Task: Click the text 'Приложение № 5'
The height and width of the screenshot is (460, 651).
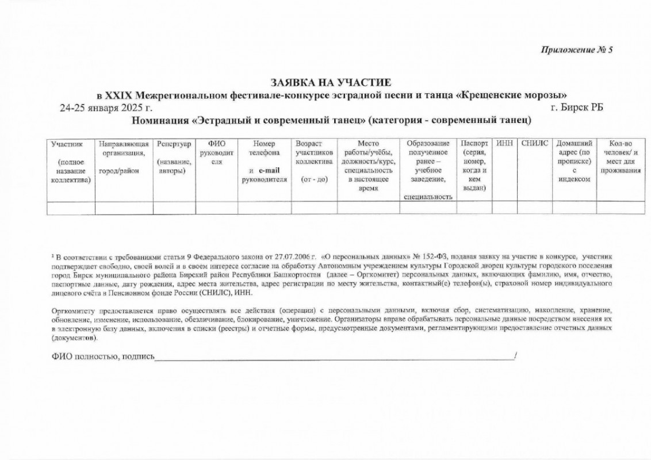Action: pyautogui.click(x=577, y=49)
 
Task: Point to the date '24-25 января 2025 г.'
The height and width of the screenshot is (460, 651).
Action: pyautogui.click(x=106, y=108)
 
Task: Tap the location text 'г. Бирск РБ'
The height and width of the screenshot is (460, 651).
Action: pyautogui.click(x=576, y=108)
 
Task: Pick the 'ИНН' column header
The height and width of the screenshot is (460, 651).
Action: pyautogui.click(x=504, y=143)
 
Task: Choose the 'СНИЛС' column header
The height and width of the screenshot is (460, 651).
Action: pyautogui.click(x=535, y=143)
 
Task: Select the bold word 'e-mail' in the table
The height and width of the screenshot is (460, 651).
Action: pyautogui.click(x=268, y=171)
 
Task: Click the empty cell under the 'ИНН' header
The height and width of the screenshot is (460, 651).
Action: pyautogui.click(x=504, y=208)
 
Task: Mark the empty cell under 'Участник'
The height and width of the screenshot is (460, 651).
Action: pyautogui.click(x=71, y=208)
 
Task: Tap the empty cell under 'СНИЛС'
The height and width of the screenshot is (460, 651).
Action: pyautogui.click(x=535, y=208)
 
